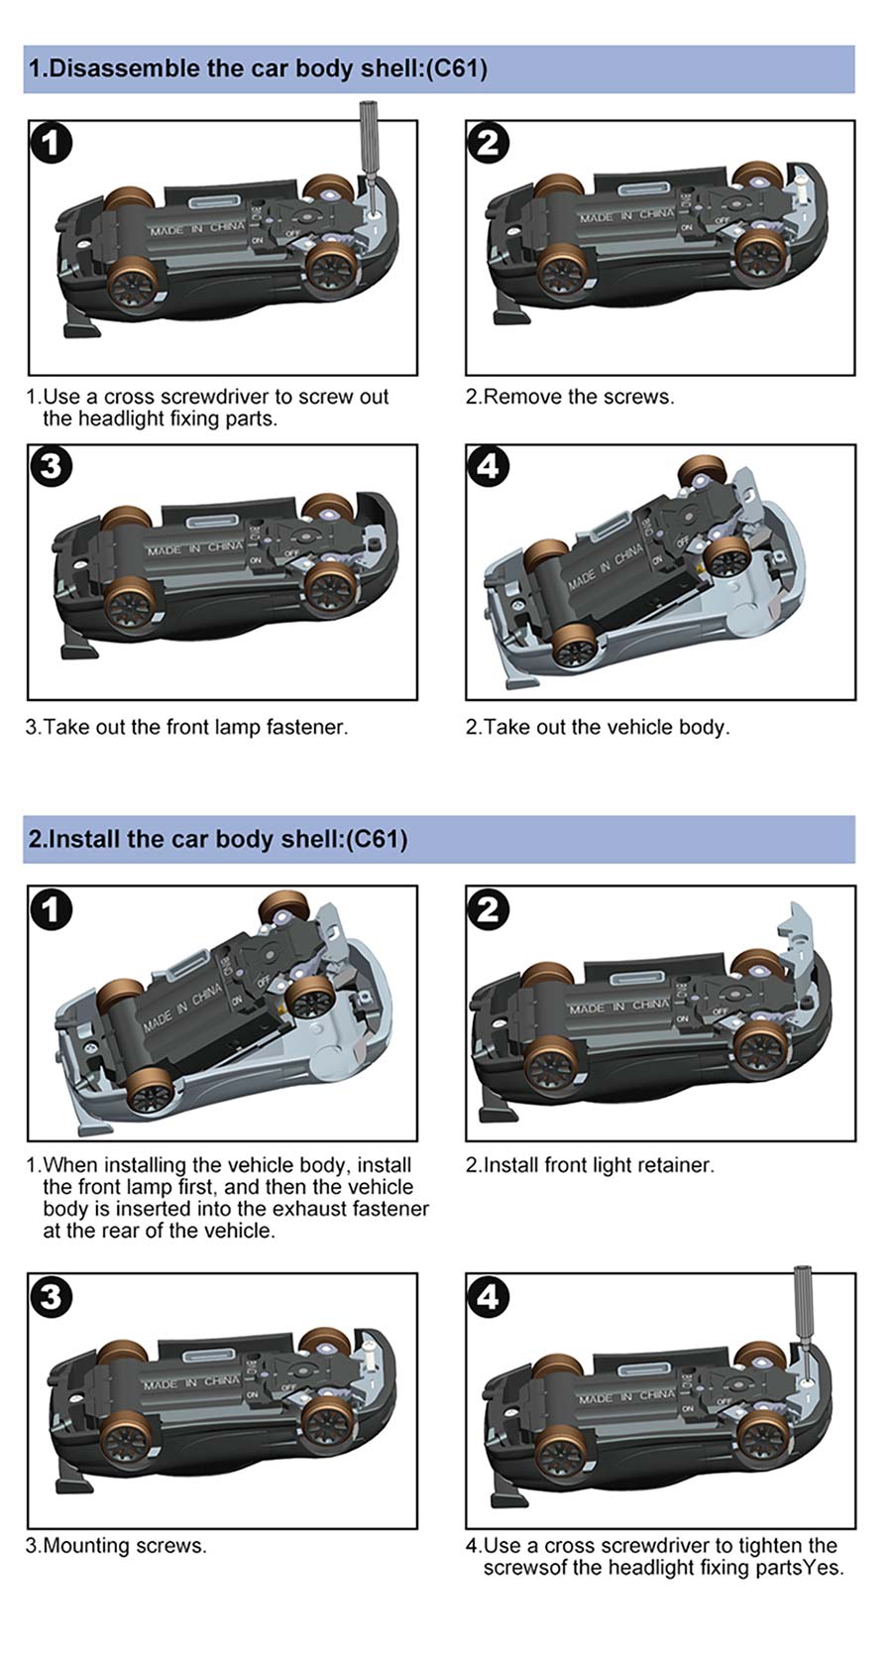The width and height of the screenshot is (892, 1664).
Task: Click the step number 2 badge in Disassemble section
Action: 488,142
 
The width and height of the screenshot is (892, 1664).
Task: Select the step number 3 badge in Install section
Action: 52,1296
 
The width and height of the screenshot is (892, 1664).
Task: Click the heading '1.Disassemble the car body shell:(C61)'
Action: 258,68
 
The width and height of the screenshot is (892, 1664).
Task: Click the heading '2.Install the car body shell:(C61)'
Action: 218,839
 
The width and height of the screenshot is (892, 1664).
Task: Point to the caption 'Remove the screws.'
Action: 579,397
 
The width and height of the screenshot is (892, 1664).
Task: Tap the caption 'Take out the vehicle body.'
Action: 607,727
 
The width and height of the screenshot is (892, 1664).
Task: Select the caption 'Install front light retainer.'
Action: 599,1165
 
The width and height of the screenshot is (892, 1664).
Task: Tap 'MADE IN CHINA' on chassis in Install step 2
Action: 619,1008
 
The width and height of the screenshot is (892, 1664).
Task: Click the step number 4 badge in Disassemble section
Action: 488,466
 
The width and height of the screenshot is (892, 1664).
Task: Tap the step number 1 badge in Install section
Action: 52,907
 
